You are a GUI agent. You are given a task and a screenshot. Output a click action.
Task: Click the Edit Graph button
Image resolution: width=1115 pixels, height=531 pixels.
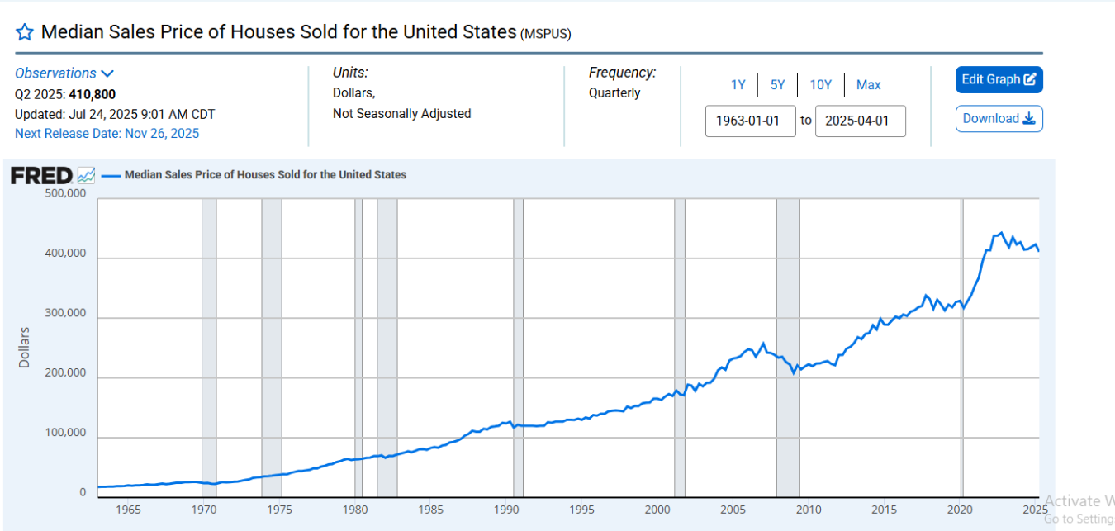tap(999, 80)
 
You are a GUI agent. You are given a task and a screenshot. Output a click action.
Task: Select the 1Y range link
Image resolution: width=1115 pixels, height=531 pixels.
tap(738, 85)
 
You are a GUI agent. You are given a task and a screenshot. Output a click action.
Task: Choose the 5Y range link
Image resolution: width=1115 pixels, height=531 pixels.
tap(778, 85)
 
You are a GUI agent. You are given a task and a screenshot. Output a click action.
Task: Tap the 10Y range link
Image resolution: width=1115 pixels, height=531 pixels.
tap(821, 85)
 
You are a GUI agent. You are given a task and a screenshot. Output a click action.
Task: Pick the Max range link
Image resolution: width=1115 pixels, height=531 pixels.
tap(868, 85)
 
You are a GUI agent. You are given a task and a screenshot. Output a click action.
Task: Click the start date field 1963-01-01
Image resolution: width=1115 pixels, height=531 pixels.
tap(751, 121)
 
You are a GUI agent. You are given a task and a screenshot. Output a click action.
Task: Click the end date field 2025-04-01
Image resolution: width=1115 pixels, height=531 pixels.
tap(860, 121)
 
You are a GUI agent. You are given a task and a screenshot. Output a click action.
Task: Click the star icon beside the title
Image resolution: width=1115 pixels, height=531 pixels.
tap(25, 32)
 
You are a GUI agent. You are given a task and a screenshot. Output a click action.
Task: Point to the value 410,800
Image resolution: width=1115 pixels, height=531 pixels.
tap(92, 94)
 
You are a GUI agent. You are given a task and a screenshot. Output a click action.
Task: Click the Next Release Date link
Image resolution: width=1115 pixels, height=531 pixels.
tap(107, 134)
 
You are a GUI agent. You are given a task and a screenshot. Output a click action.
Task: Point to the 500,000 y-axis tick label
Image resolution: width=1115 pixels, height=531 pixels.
tap(65, 194)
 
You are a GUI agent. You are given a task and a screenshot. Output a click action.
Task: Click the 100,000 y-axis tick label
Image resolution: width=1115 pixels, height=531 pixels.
tap(65, 434)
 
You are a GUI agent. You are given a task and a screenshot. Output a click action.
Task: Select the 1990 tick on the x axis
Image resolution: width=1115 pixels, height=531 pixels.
tap(505, 509)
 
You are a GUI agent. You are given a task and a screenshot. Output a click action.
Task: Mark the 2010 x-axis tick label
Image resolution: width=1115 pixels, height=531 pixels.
tap(809, 509)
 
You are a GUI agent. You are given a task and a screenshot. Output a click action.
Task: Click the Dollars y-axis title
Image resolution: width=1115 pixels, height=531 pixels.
tap(24, 348)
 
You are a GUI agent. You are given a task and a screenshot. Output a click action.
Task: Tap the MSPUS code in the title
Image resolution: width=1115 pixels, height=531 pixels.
tap(546, 34)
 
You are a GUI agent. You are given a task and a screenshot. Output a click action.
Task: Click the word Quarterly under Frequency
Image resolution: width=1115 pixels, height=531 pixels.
tap(614, 93)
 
